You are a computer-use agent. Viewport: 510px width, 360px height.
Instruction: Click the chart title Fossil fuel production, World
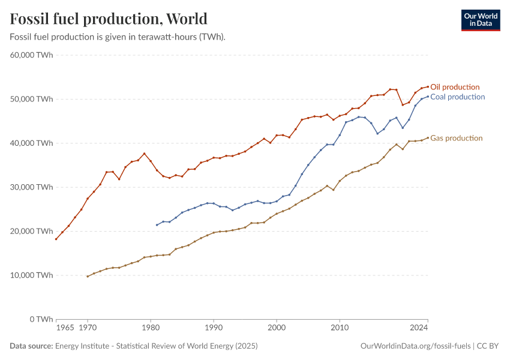[109, 19]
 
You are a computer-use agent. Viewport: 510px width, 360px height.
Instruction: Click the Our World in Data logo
[480, 20]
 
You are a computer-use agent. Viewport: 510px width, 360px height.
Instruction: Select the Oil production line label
[455, 87]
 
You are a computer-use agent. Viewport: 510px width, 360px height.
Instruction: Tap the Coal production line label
[457, 97]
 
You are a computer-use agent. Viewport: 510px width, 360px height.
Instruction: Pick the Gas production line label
[456, 138]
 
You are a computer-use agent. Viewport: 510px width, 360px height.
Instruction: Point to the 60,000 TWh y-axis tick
[32, 55]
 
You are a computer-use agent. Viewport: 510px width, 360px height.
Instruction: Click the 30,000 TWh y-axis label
[32, 187]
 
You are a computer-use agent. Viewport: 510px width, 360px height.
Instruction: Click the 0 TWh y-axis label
[40, 319]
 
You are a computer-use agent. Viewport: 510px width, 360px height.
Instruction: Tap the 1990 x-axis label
[213, 328]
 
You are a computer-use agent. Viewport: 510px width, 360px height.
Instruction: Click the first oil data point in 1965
[56, 239]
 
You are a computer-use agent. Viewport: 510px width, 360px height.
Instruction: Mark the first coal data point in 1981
[157, 225]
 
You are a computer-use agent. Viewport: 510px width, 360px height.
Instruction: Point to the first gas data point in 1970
[88, 277]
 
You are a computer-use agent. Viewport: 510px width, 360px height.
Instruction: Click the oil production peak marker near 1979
[144, 154]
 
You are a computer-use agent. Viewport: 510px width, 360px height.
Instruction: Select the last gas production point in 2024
[428, 137]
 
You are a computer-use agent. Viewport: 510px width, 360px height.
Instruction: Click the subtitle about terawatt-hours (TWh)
[118, 37]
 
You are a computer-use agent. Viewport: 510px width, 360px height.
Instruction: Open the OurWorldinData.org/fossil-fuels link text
[415, 346]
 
